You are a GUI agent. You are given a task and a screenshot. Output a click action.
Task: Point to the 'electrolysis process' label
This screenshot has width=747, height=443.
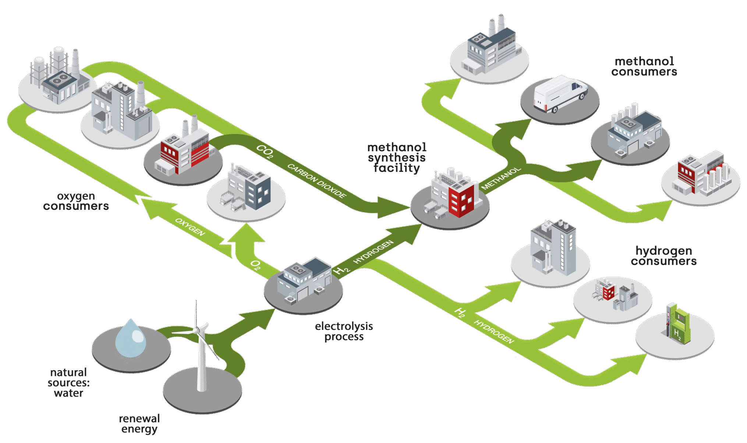pyautogui.click(x=344, y=331)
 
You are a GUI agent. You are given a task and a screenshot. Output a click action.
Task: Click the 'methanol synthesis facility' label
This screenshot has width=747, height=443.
pyautogui.click(x=397, y=158)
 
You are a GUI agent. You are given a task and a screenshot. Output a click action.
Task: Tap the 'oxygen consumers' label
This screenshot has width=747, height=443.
pyautogui.click(x=76, y=201)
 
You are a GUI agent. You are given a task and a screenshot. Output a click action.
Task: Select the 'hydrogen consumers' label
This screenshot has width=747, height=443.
pyautogui.click(x=663, y=256)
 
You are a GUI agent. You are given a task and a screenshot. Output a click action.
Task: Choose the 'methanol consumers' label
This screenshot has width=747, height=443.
pyautogui.click(x=644, y=67)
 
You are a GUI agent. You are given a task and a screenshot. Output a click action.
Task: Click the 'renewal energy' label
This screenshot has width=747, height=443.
pyautogui.click(x=139, y=424)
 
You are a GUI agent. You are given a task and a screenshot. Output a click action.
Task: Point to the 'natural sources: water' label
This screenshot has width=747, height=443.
pyautogui.click(x=68, y=383)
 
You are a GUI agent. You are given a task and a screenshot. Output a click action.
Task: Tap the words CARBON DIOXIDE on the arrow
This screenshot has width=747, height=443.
pyautogui.click(x=317, y=181)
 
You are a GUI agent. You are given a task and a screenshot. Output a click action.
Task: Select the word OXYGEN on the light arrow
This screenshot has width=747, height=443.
pyautogui.click(x=190, y=227)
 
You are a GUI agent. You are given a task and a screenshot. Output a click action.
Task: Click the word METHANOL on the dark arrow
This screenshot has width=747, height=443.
pyautogui.click(x=501, y=178)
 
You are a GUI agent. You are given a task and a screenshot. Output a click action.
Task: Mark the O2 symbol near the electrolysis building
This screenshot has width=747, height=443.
pyautogui.click(x=255, y=265)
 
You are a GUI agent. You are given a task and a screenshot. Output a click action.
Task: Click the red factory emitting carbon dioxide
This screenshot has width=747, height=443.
pyautogui.click(x=184, y=151)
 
